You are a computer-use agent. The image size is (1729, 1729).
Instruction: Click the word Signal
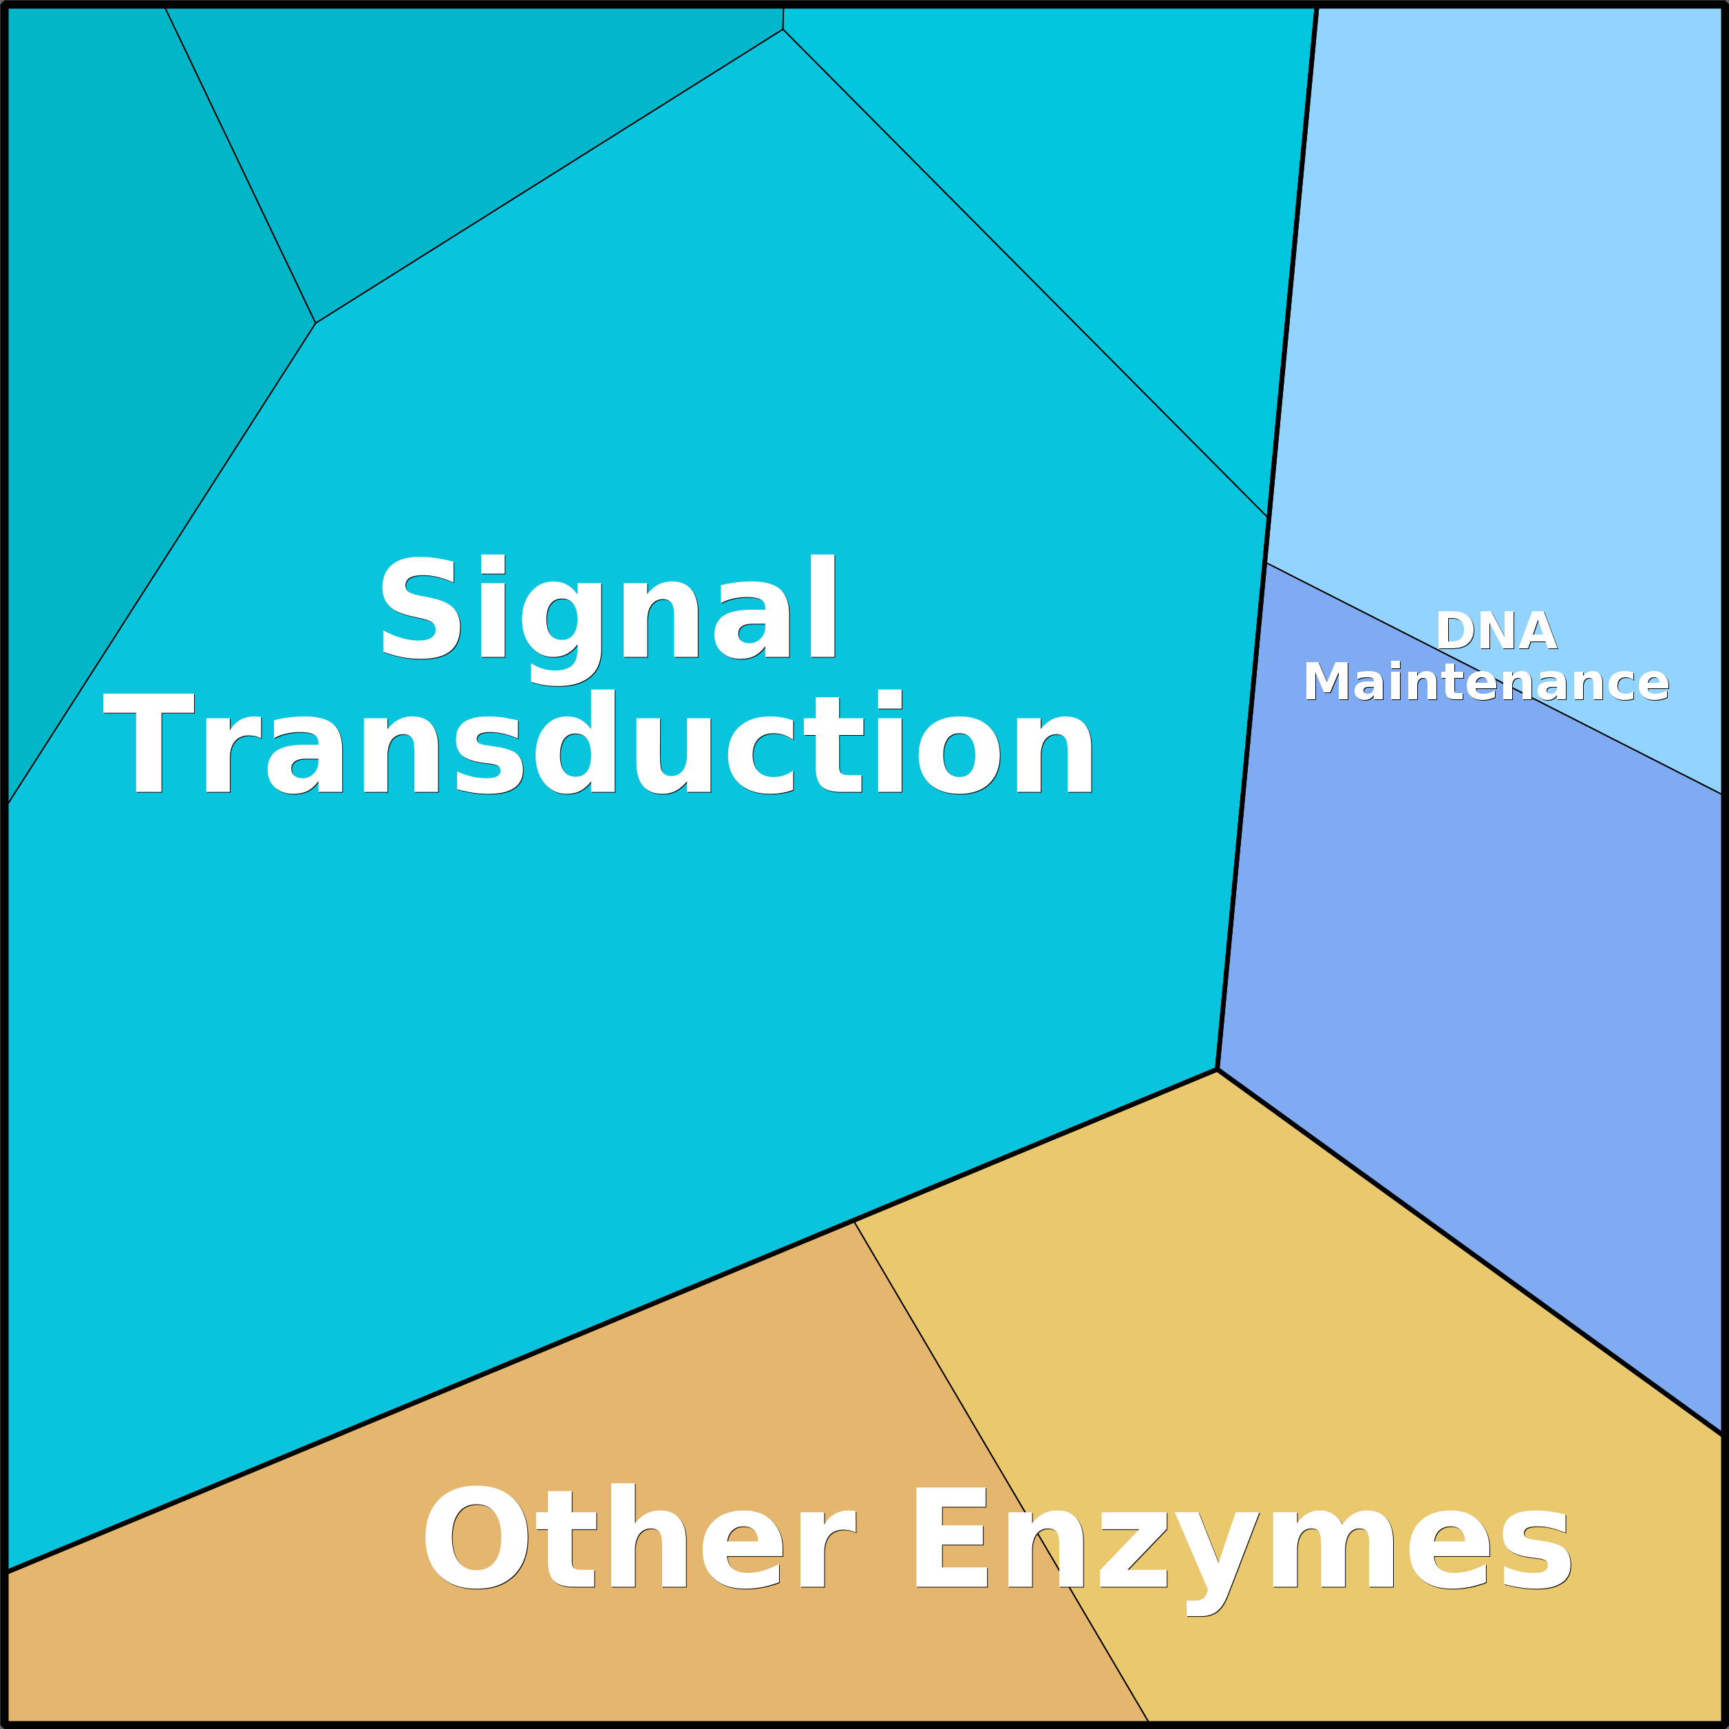click(608, 608)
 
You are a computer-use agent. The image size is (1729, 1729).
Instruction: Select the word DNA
click(1496, 632)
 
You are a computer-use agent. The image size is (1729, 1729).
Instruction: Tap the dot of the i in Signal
click(493, 564)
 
